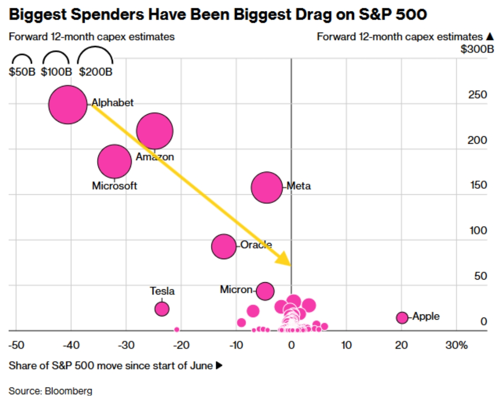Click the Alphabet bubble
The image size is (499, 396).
coord(68,105)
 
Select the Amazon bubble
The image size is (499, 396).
coord(155,131)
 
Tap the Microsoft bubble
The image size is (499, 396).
coord(115,161)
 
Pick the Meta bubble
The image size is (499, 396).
coord(267,187)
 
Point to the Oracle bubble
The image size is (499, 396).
coord(224,247)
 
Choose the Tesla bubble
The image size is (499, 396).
coord(162,309)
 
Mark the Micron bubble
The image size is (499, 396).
coord(265,291)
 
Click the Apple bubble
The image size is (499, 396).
coord(402,318)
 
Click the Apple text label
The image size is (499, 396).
coord(426,317)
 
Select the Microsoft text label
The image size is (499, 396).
coord(115,186)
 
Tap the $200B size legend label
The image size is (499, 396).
coord(96,71)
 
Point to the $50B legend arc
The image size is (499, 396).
coord(22,55)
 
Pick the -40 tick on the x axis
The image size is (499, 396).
coord(71,345)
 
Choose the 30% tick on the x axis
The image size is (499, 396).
coord(457,345)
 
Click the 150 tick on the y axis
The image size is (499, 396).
coord(478,185)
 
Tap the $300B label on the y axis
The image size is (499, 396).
coord(477,49)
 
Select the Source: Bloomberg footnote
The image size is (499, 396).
coord(50,391)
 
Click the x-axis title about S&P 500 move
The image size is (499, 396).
coord(115,366)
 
